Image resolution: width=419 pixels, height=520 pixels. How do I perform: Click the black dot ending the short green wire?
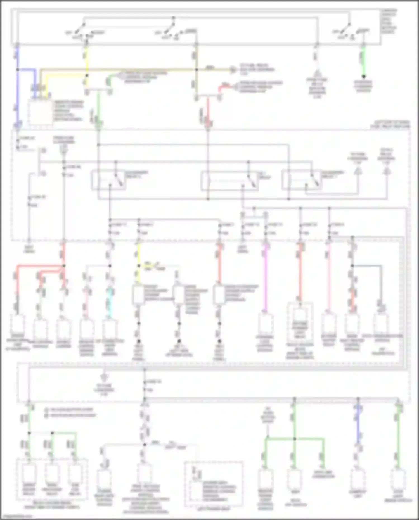[364, 76]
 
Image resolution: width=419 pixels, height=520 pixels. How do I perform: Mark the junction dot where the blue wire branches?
[18, 70]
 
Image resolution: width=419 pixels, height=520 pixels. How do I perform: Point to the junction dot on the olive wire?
[197, 70]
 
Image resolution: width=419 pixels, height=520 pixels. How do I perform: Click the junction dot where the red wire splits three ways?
[64, 266]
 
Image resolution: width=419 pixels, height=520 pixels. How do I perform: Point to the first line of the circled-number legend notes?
[70, 410]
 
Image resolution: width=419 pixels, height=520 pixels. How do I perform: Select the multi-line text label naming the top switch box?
[389, 21]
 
